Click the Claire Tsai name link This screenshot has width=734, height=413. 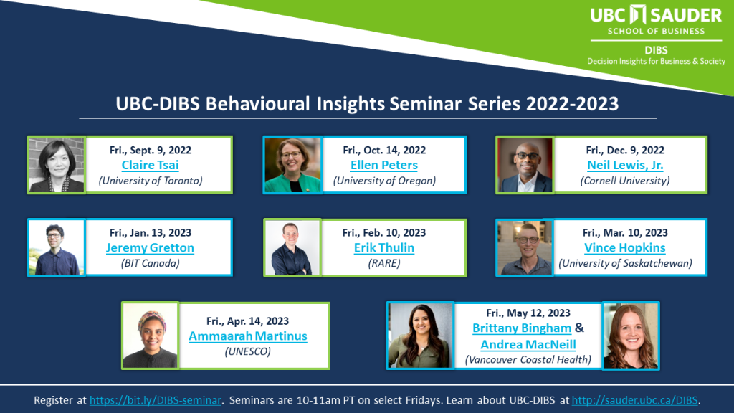(150, 166)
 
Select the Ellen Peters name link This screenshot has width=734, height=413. (384, 166)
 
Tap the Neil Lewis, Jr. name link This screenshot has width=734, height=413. (625, 166)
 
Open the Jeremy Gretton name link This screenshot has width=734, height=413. (150, 247)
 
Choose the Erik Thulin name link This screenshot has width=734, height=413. (384, 247)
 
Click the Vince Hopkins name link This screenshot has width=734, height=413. (625, 247)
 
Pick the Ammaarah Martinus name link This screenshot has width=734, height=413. (247, 336)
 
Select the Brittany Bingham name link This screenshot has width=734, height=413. (522, 328)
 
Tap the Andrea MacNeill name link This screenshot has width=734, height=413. (528, 345)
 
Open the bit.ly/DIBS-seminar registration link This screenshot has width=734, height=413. (155, 400)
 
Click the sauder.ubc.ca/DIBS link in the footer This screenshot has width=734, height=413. (635, 400)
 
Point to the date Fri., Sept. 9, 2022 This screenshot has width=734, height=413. (151, 151)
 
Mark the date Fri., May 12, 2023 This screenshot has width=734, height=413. (528, 313)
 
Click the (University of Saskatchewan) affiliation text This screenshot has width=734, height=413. (625, 263)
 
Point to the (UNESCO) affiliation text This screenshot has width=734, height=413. (247, 351)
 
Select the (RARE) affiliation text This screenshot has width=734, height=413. (384, 263)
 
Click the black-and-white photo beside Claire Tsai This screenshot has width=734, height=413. (56, 165)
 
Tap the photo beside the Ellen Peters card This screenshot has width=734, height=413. (292, 165)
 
